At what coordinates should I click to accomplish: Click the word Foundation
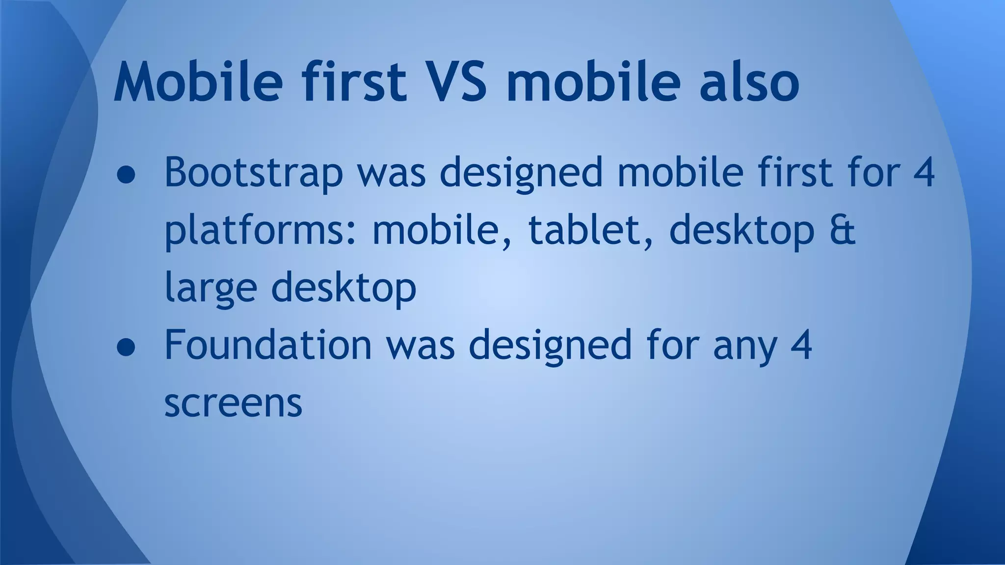click(268, 345)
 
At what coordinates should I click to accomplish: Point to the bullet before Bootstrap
click(126, 176)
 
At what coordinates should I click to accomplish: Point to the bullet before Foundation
click(126, 347)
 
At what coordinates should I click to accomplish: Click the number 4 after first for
click(924, 173)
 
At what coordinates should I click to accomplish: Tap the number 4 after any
click(801, 345)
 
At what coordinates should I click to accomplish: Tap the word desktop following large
click(344, 288)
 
